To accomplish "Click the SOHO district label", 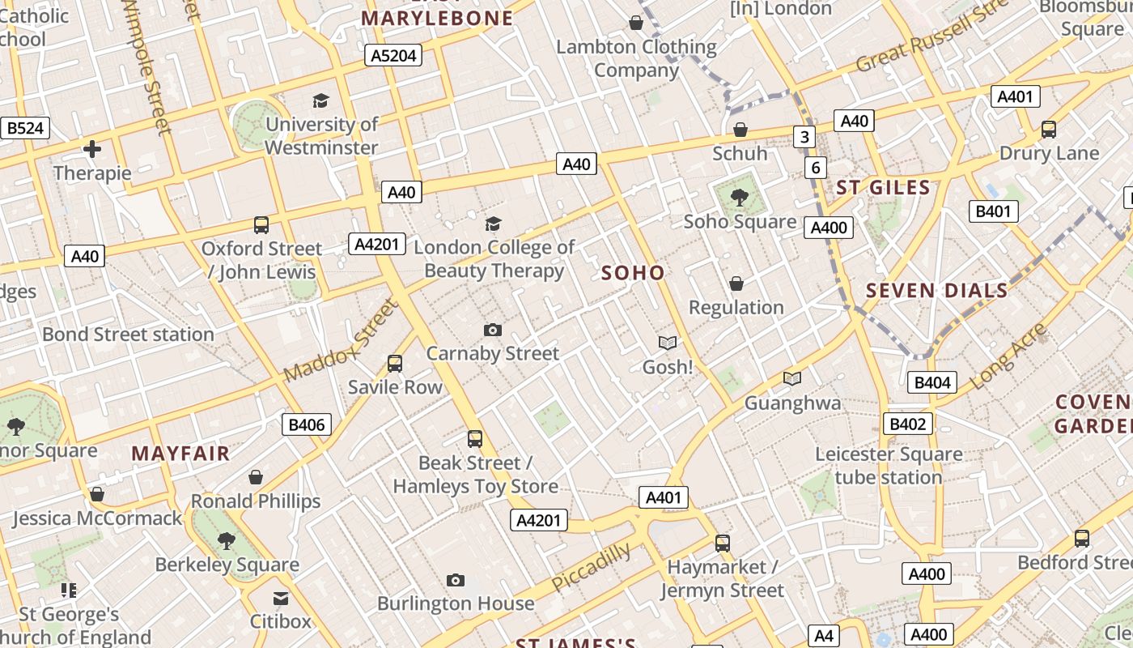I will pos(633,273).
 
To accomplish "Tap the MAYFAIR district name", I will pos(180,453).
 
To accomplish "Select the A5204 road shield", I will pos(393,55).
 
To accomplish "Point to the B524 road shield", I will pos(25,128).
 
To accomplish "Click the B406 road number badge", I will pos(307,424).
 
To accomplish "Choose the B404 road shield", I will pos(931,382).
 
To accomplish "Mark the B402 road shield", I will pos(907,424).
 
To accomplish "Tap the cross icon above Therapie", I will pos(92,149).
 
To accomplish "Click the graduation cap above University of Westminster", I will pos(321,101).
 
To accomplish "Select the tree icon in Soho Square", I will pos(739,197).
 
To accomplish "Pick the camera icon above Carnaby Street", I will pos(492,330).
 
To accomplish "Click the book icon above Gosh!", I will pos(668,343).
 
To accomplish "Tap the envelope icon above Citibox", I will pos(281,599).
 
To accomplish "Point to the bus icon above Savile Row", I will pos(395,364).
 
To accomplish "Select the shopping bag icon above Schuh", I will pos(740,130).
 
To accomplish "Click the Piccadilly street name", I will pos(592,567).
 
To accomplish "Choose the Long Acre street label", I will pos(1008,356).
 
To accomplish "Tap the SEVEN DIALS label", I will pos(936,291).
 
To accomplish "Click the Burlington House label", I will pos(456,603).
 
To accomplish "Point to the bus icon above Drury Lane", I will pos(1049,130).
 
